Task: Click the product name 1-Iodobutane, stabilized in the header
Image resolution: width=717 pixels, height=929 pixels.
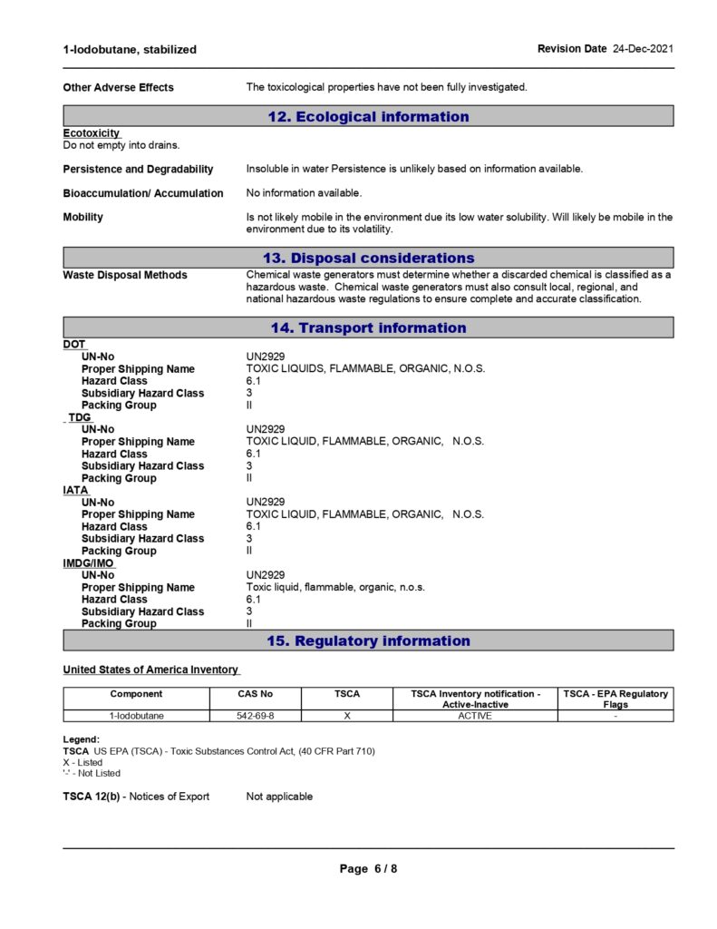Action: (x=130, y=49)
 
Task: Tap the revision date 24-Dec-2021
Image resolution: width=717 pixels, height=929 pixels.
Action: (x=643, y=48)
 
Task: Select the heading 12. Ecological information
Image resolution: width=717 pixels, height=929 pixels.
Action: (x=368, y=116)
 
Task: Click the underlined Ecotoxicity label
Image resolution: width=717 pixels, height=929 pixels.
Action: (x=92, y=133)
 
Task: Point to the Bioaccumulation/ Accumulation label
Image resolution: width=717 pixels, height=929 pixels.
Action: (x=142, y=193)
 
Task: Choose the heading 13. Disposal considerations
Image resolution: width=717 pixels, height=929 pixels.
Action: (x=368, y=258)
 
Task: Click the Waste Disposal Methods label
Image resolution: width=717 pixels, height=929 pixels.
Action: (x=125, y=275)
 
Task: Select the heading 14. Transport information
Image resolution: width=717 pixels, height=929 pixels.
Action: (x=368, y=328)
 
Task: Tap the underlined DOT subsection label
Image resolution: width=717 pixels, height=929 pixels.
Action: (x=74, y=345)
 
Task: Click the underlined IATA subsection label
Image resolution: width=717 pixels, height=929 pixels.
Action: (x=76, y=490)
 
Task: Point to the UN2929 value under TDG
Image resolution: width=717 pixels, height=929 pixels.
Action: (x=266, y=429)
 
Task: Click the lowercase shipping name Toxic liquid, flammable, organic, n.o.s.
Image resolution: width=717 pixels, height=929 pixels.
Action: (x=335, y=587)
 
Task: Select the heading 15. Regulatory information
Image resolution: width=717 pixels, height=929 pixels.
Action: (x=368, y=641)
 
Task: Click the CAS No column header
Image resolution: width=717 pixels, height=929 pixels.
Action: (x=255, y=694)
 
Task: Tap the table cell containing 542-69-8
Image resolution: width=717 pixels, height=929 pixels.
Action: (x=255, y=716)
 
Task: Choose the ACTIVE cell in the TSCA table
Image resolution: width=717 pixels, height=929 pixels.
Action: (x=475, y=716)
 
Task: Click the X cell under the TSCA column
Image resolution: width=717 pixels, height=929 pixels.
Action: (x=347, y=716)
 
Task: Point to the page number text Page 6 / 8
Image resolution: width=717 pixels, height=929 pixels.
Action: (x=368, y=868)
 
